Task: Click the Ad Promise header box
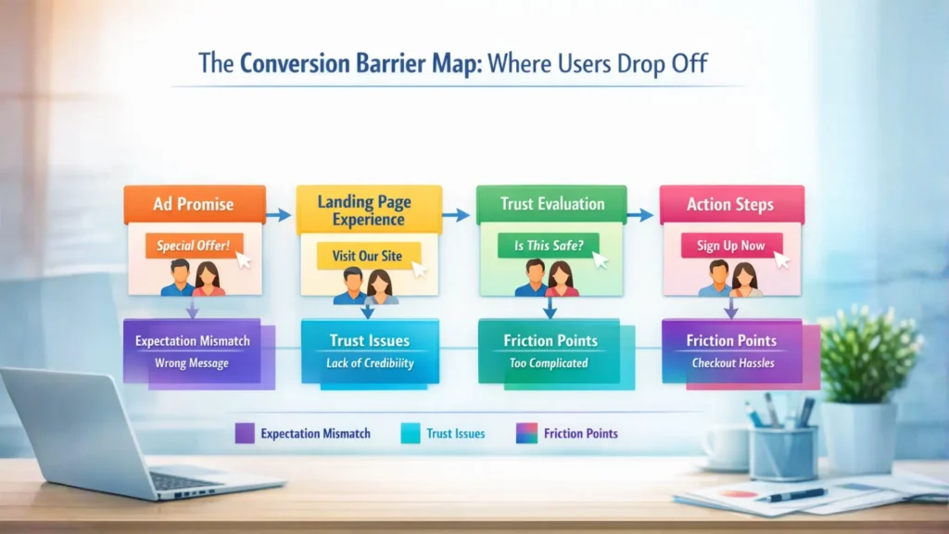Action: (x=195, y=204)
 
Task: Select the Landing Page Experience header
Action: (x=369, y=210)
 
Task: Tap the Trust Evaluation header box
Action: (x=551, y=204)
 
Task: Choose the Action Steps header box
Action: (x=732, y=204)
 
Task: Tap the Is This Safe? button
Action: (x=549, y=245)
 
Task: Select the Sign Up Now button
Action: (x=732, y=245)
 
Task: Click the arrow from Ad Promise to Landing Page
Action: (x=278, y=215)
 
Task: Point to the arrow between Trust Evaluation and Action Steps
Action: (x=639, y=215)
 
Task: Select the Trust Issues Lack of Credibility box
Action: (x=371, y=351)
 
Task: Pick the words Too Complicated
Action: (x=549, y=363)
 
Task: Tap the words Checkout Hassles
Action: (x=733, y=363)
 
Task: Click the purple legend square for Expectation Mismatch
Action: (x=245, y=434)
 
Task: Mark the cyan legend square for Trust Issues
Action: (x=411, y=434)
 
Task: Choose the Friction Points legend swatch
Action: (x=526, y=434)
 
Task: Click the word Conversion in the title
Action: (x=295, y=64)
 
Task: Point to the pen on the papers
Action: (x=791, y=495)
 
